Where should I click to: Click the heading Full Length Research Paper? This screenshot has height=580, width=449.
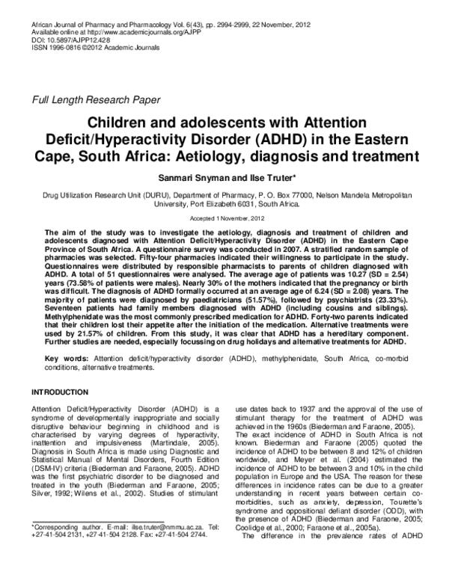pos(96,99)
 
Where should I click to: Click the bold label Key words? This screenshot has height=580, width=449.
pos(63,359)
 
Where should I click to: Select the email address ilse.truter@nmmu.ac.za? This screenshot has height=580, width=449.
pos(152,547)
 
